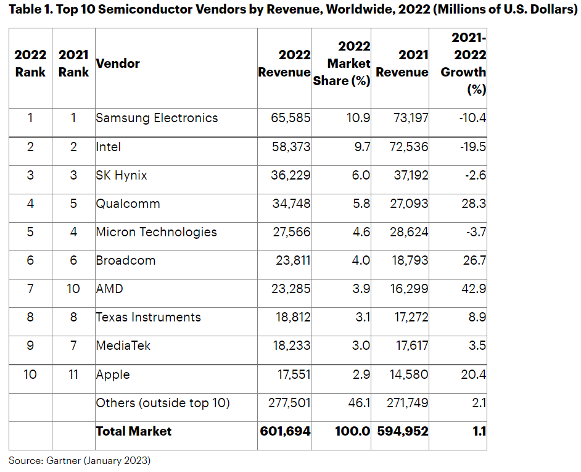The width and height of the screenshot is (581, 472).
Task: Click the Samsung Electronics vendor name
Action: [x=157, y=118]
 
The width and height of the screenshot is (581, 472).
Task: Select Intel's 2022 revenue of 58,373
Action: [x=290, y=147]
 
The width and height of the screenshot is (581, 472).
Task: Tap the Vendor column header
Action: [x=118, y=63]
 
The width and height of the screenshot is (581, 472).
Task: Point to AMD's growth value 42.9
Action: [x=473, y=289]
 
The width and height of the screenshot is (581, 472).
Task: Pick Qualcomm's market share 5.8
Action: [x=360, y=204]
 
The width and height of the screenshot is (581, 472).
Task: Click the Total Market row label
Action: [x=133, y=431]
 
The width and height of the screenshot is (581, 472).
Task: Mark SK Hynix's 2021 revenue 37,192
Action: [x=408, y=175]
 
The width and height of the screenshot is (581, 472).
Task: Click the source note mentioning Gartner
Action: [x=80, y=460]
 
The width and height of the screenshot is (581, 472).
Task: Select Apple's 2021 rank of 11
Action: [x=73, y=374]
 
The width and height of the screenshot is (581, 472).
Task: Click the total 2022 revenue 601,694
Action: [x=285, y=431]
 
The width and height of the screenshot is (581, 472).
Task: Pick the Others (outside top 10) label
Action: [x=163, y=403]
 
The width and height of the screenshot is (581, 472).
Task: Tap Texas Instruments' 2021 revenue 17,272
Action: [x=408, y=317]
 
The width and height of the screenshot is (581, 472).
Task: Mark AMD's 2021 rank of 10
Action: [x=73, y=289]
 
